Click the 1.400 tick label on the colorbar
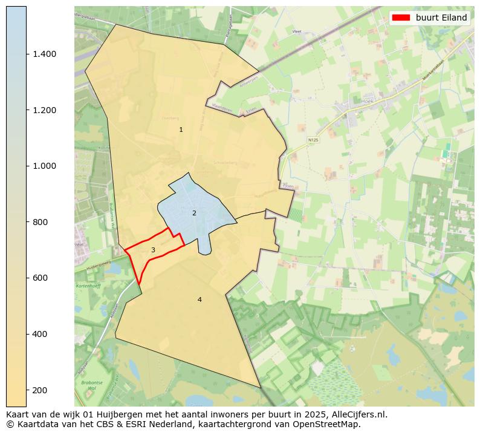tap(44, 54)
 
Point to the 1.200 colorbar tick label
tap(44, 110)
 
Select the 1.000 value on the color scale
tap(44, 166)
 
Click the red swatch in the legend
tap(401, 18)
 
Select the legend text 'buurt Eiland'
tap(441, 18)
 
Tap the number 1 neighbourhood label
tap(181, 130)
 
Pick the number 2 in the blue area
tap(194, 213)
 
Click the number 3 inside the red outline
tap(153, 250)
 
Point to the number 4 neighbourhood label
tap(199, 299)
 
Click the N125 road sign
tap(313, 140)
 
